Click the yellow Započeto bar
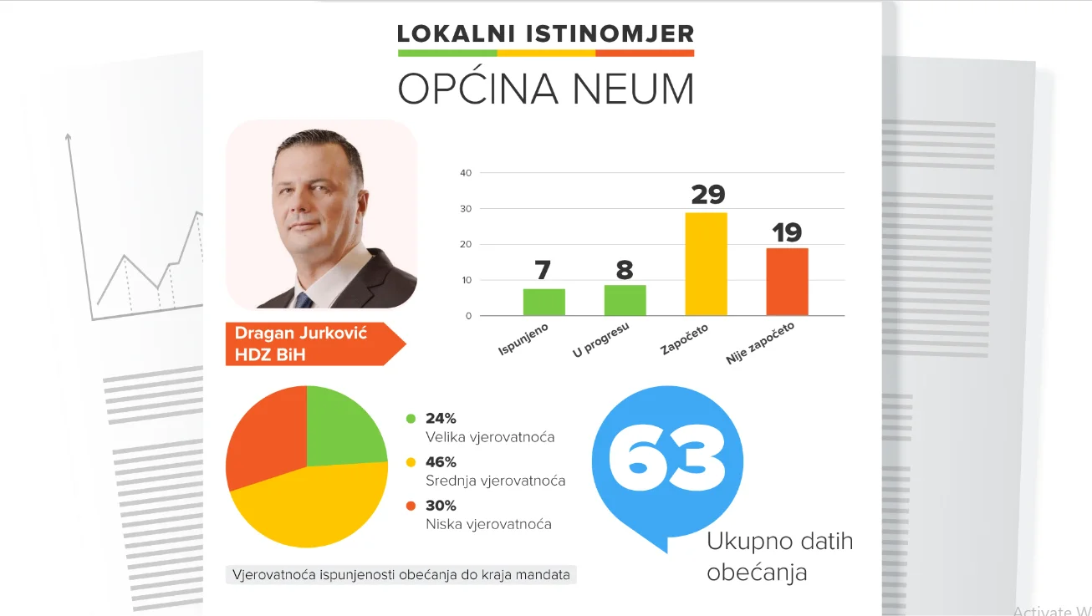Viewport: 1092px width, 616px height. tap(706, 264)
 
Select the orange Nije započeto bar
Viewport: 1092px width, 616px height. tap(787, 282)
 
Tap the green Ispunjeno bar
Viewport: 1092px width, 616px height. tap(543, 302)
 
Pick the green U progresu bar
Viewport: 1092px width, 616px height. tap(625, 300)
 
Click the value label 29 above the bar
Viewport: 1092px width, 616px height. tap(707, 195)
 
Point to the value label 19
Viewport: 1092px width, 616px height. tap(787, 232)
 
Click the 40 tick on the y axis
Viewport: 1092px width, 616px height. tap(466, 173)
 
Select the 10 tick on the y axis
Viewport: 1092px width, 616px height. tap(466, 281)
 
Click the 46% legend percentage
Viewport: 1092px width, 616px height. tap(441, 462)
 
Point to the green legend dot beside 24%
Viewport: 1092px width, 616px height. tap(411, 419)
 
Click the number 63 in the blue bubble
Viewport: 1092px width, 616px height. tap(666, 459)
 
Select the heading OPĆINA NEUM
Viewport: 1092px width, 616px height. tap(545, 89)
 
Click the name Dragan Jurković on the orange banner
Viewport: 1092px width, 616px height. tap(300, 333)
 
